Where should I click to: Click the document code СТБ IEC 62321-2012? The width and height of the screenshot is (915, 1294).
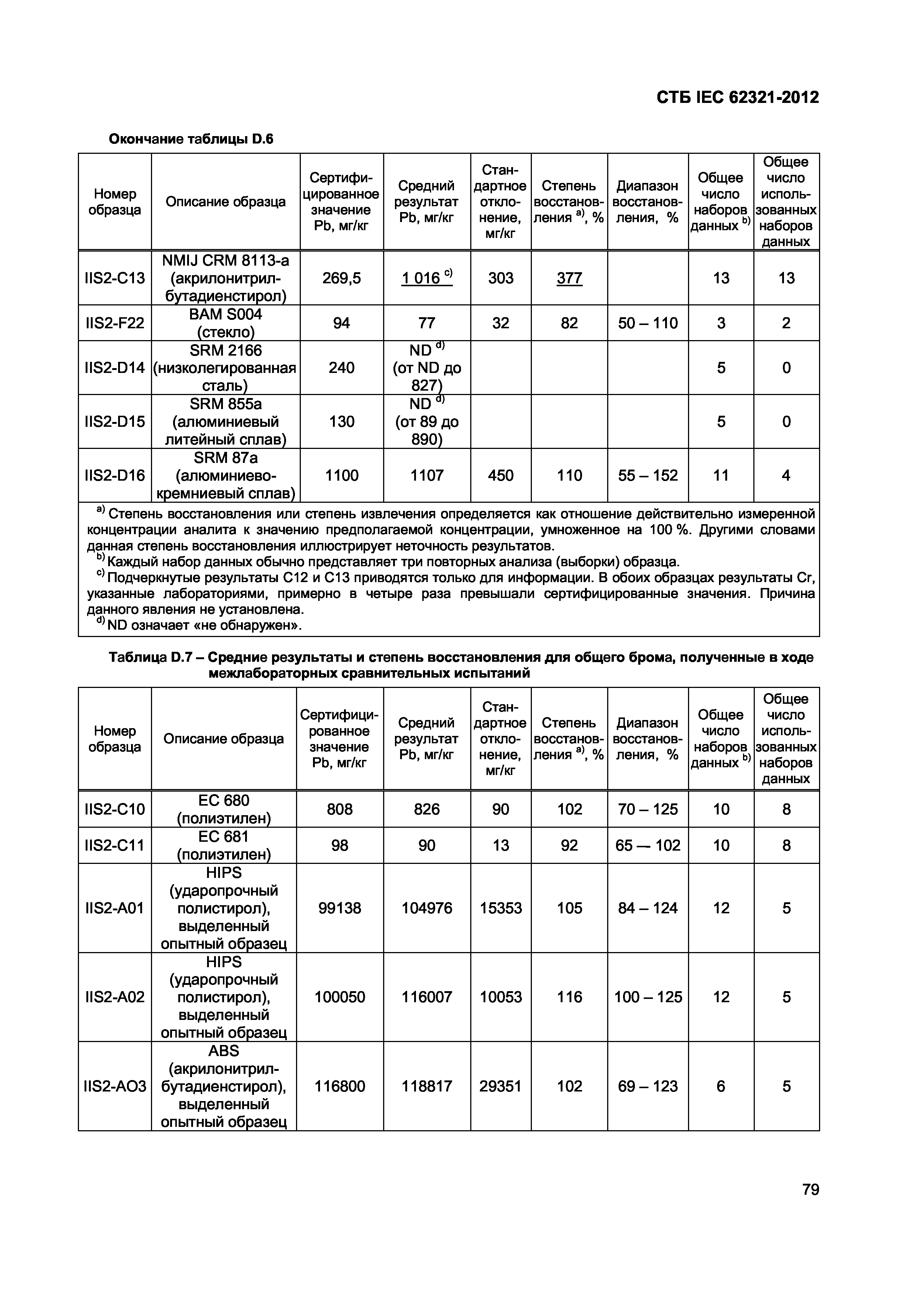[x=737, y=97]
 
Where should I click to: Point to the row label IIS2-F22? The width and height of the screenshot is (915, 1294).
[x=114, y=323]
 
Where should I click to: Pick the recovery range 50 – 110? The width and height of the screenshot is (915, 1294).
[x=648, y=323]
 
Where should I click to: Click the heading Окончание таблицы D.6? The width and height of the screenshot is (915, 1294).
[x=190, y=139]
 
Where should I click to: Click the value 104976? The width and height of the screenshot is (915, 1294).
[x=427, y=908]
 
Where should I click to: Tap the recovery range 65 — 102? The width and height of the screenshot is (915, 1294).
[x=648, y=845]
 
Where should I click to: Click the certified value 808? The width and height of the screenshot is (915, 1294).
[x=340, y=809]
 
